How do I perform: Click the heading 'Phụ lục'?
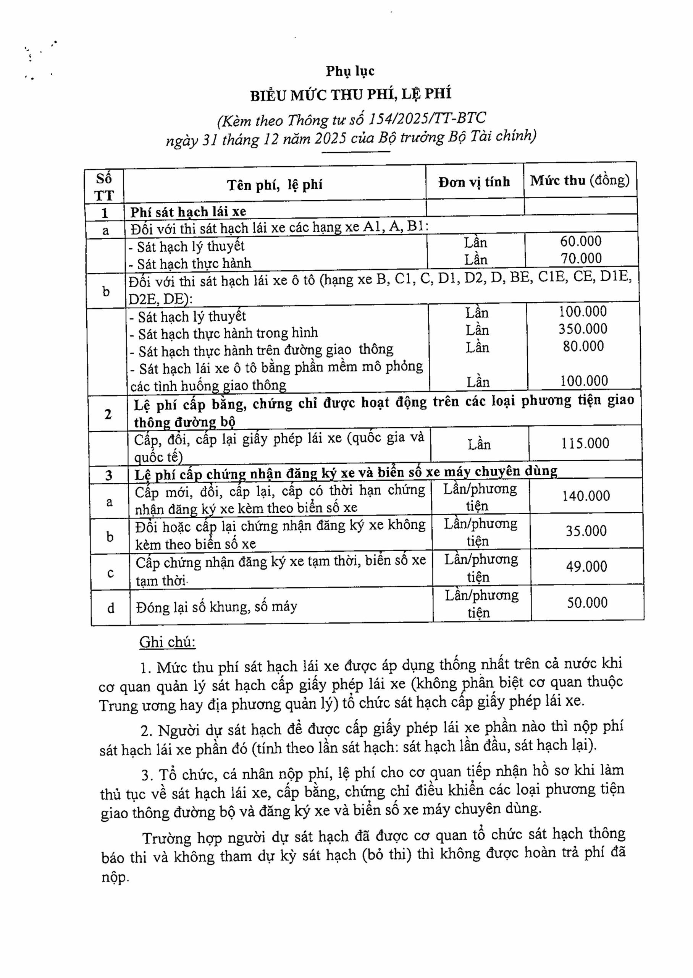tap(350, 71)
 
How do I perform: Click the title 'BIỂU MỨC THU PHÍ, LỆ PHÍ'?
tap(351, 94)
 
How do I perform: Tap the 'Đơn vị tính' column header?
tap(474, 182)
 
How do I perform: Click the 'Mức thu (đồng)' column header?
tap(580, 181)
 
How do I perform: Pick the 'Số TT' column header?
tap(104, 187)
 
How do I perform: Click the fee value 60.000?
tap(581, 241)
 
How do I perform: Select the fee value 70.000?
tap(581, 258)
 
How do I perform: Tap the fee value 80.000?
tap(583, 346)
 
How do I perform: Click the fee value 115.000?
tap(585, 443)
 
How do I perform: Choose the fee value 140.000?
tap(586, 495)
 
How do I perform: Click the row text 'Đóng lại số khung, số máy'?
tap(217, 607)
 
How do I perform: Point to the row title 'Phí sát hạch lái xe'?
tap(188, 212)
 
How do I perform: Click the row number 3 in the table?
tap(109, 475)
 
